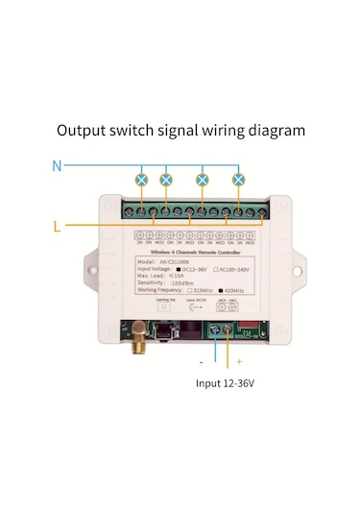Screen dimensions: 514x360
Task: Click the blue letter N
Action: pos(57,165)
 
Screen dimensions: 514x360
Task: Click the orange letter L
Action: pos(60,226)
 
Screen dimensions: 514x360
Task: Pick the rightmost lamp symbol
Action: pos(238,179)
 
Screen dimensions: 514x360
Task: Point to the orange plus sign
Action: pos(238,362)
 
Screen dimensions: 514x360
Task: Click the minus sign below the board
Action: pos(201,362)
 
